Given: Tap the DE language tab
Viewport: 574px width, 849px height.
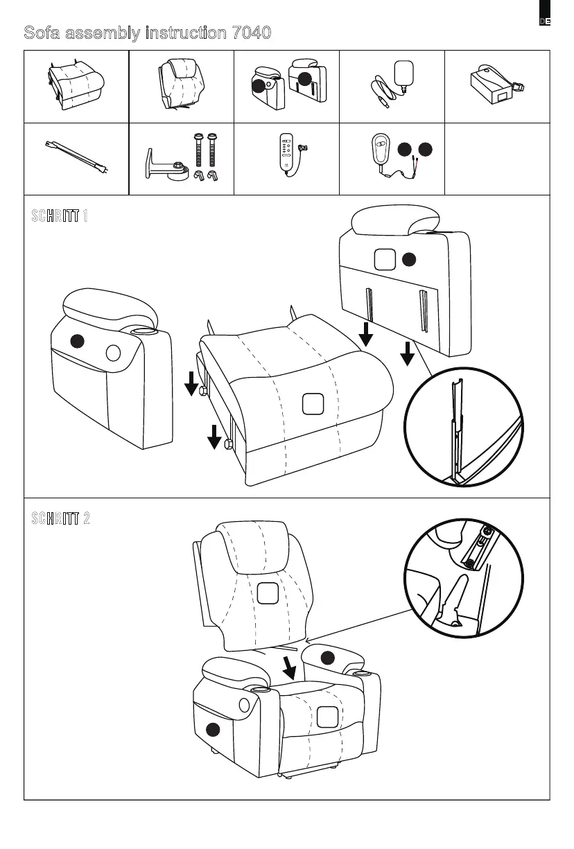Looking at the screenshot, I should coord(545,21).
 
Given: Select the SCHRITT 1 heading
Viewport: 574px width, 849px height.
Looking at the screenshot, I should coord(60,216).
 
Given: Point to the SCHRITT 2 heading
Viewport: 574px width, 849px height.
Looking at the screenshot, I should coord(60,518).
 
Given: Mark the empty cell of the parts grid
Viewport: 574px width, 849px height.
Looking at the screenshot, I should coord(496,159).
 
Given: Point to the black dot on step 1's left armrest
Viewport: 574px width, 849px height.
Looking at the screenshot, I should coord(78,340).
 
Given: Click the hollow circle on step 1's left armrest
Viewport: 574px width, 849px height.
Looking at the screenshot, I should coord(113,353).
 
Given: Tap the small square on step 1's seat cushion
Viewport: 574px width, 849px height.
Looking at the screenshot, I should coord(313,404).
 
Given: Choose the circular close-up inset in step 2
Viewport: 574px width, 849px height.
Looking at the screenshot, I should coord(464,578).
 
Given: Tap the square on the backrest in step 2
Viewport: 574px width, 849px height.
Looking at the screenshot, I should coord(268,593).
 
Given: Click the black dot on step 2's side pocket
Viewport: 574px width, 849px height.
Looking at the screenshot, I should coord(213,729).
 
